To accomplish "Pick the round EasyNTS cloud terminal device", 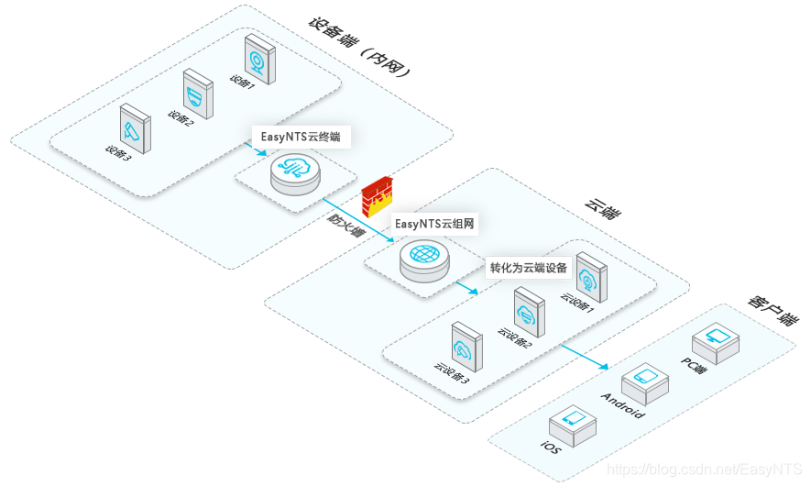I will pyautogui.click(x=295, y=172).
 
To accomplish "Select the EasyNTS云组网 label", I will pyautogui.click(x=436, y=223).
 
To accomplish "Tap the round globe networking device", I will pyautogui.click(x=424, y=259).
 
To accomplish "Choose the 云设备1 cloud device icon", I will pyautogui.click(x=591, y=278).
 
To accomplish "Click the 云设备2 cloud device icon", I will pyautogui.click(x=529, y=312).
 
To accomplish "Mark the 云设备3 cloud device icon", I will pyautogui.click(x=466, y=347).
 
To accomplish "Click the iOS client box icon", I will pyautogui.click(x=573, y=424).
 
